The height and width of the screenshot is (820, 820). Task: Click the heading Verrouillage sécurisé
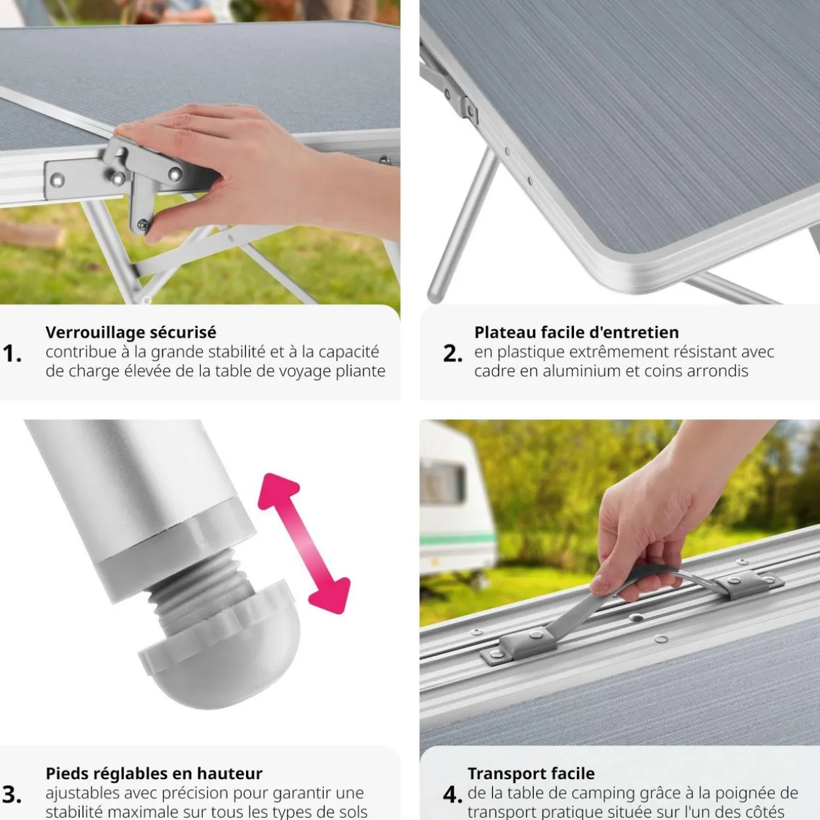point(131,332)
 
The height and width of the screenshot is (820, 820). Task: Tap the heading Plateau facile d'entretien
point(576,332)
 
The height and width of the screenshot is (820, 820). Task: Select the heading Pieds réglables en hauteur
point(154,773)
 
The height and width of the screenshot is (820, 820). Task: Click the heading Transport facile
point(531,773)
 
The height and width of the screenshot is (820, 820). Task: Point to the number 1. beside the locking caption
point(12,354)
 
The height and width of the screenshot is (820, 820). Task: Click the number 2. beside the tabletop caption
point(452,354)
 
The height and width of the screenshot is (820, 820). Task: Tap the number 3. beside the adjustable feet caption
point(12,795)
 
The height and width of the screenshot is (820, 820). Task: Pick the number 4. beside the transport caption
point(452,795)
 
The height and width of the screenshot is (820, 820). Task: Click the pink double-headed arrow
point(305,544)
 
